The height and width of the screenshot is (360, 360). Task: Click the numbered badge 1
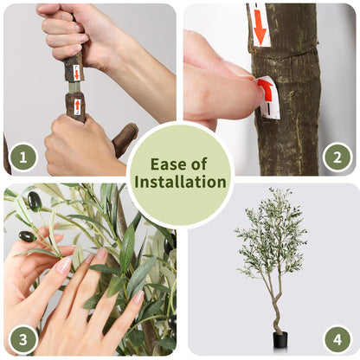coord(23,157)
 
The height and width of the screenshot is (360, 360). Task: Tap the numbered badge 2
coord(337,157)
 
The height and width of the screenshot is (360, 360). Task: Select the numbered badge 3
coord(23,339)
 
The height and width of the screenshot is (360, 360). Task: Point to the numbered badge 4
coord(337,339)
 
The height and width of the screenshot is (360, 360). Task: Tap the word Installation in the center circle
coord(180,182)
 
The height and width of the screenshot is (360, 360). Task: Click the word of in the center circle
coord(198,164)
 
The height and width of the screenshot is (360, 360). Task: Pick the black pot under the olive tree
coord(280,341)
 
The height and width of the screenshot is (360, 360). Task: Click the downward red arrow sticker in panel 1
coord(76,73)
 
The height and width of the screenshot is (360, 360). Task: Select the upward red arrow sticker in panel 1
coord(77,106)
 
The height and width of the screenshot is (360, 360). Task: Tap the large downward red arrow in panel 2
coord(260,26)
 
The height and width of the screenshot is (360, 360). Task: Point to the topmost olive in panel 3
coord(35,202)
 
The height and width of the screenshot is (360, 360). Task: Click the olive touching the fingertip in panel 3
coord(28,236)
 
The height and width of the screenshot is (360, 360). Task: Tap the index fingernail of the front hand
coord(64,266)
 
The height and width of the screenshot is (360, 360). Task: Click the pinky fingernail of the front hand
coord(138,297)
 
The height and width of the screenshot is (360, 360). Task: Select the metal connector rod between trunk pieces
coord(74,87)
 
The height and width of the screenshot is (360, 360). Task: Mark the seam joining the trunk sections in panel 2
coord(284,54)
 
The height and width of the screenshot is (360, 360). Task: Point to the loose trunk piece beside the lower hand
coord(125,139)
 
